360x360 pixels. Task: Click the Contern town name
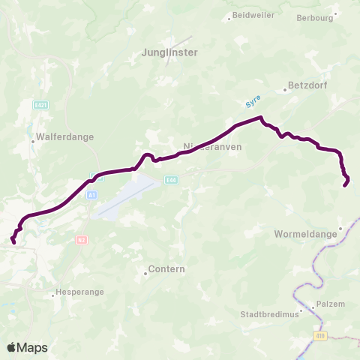click(x=167, y=268)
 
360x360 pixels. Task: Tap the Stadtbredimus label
click(x=269, y=315)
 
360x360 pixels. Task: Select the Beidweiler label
click(x=253, y=15)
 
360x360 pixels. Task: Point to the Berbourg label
click(x=315, y=18)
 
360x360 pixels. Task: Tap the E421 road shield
click(x=41, y=106)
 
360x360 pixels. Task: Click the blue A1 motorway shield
click(x=91, y=195)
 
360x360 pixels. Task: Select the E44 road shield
click(x=172, y=179)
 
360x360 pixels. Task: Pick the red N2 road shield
click(x=82, y=239)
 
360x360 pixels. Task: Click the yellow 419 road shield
click(x=321, y=337)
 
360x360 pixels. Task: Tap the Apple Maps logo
click(x=27, y=347)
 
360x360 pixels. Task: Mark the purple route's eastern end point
click(x=345, y=184)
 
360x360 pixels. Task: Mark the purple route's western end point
click(x=14, y=241)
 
